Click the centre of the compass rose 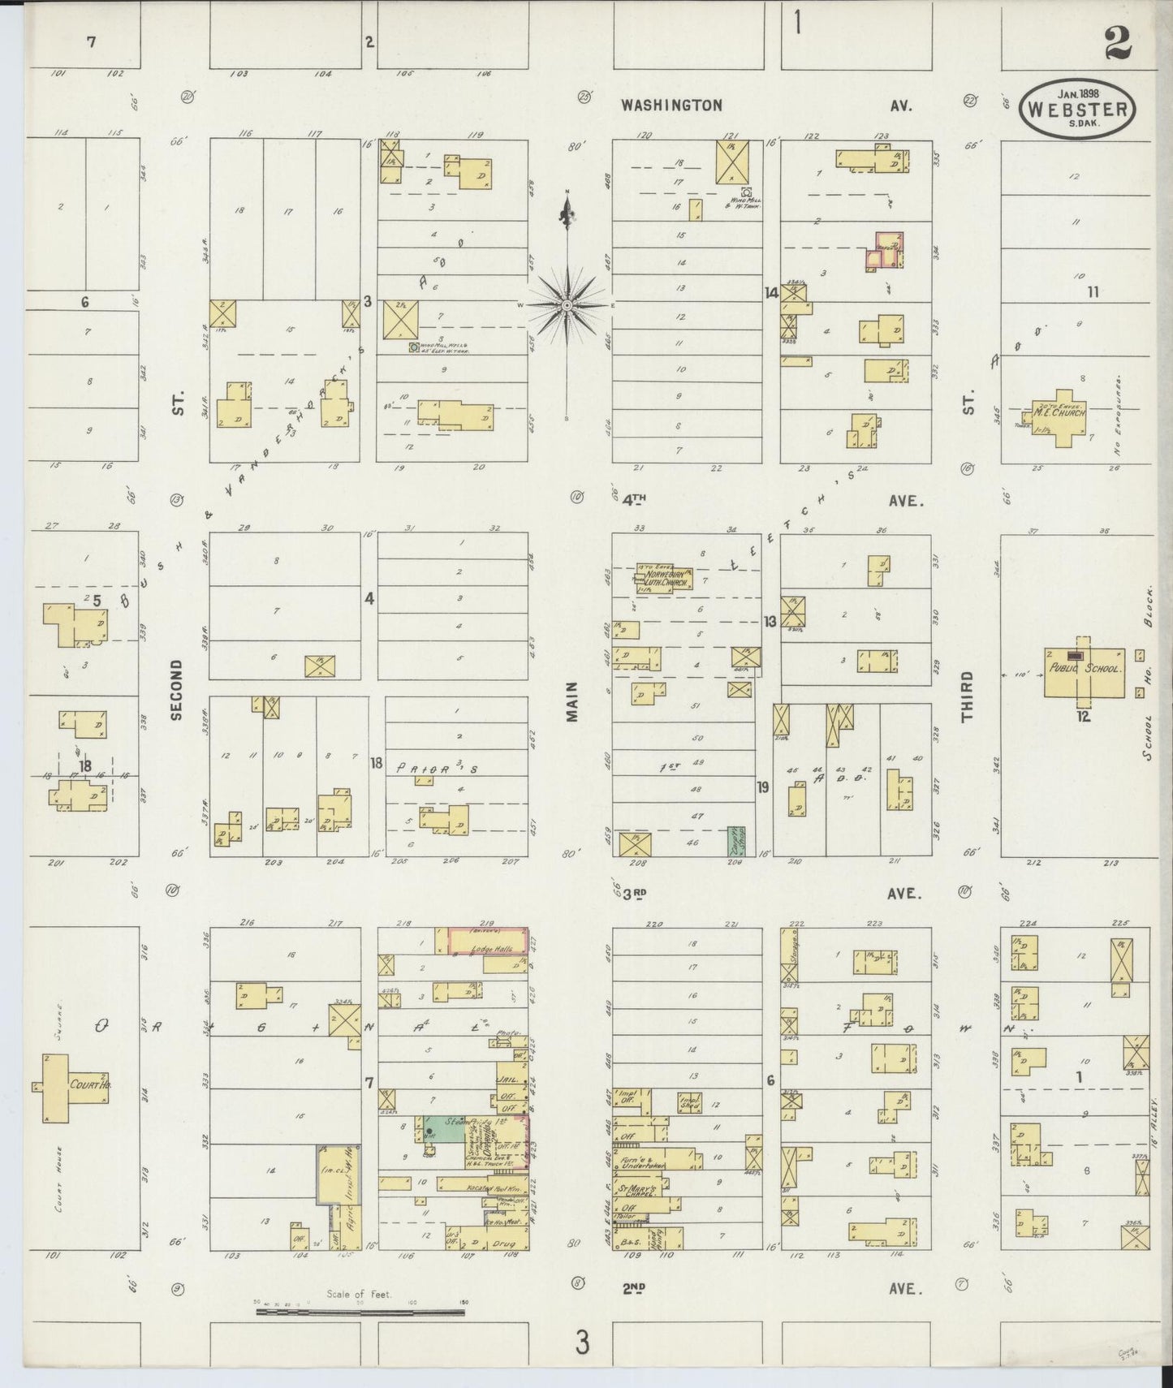click(567, 305)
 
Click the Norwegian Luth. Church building click(663, 580)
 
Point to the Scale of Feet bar click(358, 1309)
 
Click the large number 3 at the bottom click(581, 1343)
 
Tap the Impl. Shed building click(689, 1102)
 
